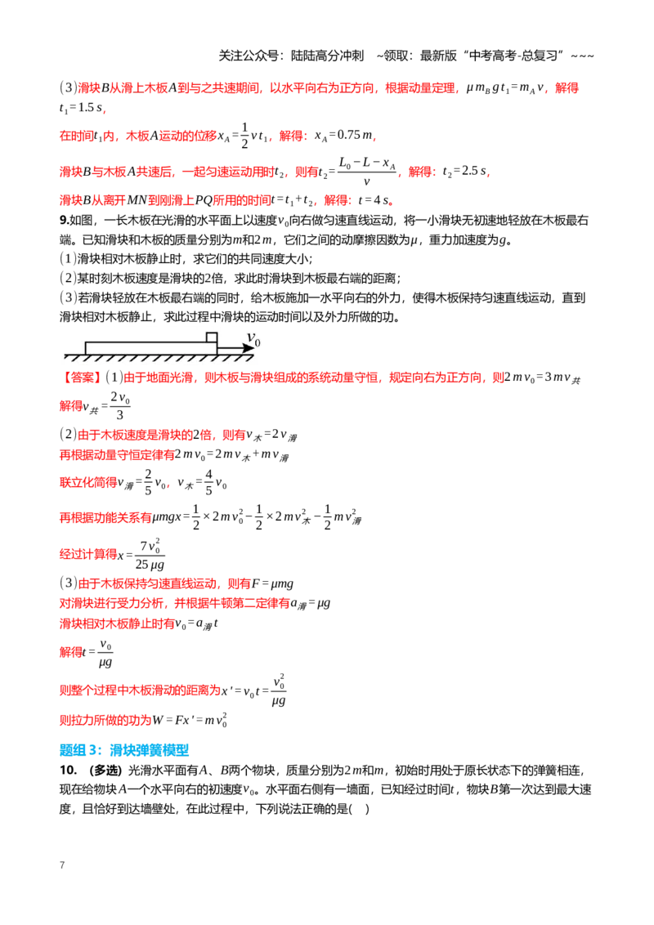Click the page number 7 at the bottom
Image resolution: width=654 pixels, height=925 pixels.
point(62,865)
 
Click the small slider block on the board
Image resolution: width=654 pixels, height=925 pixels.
point(211,337)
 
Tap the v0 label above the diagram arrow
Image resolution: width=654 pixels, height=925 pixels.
point(253,338)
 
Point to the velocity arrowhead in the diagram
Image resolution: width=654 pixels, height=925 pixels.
point(249,348)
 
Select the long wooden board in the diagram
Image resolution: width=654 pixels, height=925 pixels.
point(151,348)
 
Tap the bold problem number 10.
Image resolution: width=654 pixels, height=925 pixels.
point(68,770)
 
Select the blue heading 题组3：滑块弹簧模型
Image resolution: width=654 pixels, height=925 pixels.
point(124,750)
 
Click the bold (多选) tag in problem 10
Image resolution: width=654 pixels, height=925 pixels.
point(105,770)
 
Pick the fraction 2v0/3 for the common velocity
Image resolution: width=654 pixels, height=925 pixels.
point(120,405)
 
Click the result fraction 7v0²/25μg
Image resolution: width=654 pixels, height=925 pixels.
point(150,554)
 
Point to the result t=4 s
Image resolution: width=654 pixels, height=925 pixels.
point(374,200)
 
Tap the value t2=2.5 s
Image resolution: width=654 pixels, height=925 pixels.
point(465,171)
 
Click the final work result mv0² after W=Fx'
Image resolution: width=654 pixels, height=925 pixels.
point(216,720)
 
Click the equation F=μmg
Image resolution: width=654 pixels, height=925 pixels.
point(272,583)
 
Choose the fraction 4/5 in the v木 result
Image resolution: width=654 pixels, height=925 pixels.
point(208,482)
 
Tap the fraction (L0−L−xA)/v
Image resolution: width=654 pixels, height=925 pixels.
point(366,171)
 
